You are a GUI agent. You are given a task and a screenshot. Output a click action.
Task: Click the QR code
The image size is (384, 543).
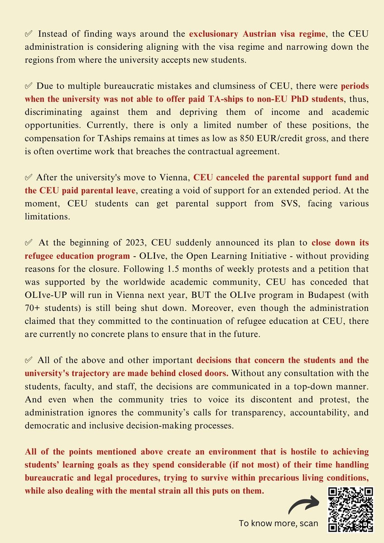351,509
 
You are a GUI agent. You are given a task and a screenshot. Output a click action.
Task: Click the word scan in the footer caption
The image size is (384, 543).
308,524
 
